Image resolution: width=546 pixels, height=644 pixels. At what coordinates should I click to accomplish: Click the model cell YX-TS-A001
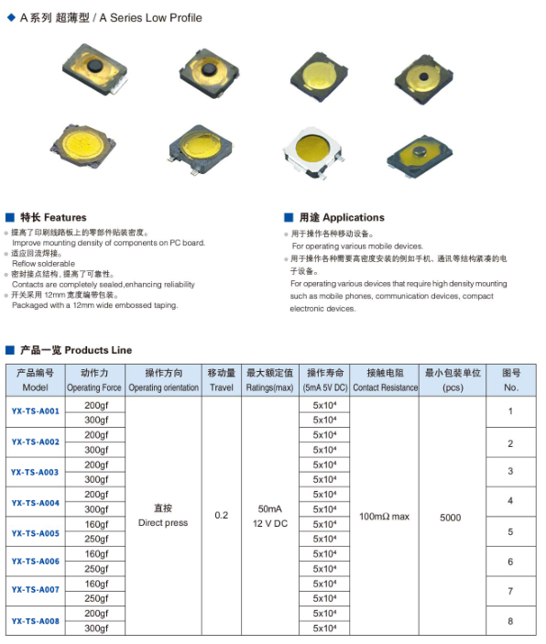pos(36,411)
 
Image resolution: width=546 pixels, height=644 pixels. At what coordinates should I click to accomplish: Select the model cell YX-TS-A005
pos(36,533)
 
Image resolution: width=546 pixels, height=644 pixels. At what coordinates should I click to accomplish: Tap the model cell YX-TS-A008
pos(36,621)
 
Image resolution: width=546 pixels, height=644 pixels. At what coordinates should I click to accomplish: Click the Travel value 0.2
pos(221,516)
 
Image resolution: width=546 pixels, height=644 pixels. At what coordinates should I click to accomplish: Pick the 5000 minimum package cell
pos(450,518)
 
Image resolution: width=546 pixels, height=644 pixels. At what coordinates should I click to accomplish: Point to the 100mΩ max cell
pos(384,517)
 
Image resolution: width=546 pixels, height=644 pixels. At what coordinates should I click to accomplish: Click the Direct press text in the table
pos(163,523)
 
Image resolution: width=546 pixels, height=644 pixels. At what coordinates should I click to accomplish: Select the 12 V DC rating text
pos(269,523)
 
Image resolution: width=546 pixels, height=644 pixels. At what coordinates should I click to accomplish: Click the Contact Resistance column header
pos(385,387)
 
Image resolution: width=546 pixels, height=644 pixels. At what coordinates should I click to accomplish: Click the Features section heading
pos(53,218)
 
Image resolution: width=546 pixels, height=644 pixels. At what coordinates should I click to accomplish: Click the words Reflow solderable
pos(43,263)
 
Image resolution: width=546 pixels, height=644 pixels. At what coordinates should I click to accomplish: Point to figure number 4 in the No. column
pos(510,501)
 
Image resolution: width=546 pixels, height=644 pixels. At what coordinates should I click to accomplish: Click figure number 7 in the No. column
pos(510,592)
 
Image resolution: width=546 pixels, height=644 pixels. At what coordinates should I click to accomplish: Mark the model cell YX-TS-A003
pos(36,473)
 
